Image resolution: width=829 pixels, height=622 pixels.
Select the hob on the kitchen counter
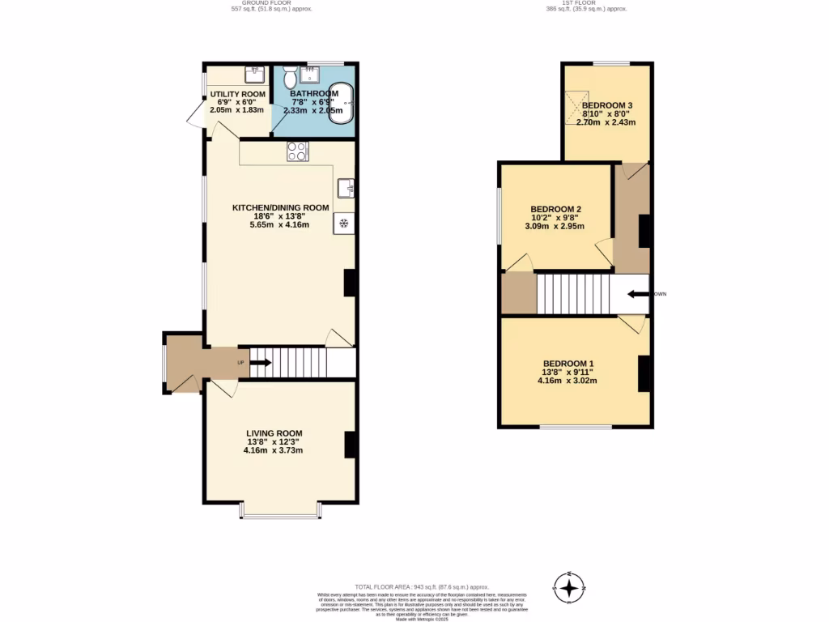coord(297,151)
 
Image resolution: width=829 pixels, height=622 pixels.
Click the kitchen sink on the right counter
coord(346,188)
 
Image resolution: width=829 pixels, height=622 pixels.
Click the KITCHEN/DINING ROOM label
coord(280,208)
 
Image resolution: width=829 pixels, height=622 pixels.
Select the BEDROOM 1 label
coord(568,363)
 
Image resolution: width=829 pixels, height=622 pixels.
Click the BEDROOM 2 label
coord(555,209)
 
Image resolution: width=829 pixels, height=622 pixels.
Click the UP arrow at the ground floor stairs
coord(261,363)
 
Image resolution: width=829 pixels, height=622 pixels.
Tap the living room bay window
coord(280,513)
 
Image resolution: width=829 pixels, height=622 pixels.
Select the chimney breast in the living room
coord(351,445)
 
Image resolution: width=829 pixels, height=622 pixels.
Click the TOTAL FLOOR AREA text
coord(422,586)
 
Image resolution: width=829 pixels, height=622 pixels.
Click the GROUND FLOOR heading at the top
coord(271,3)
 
